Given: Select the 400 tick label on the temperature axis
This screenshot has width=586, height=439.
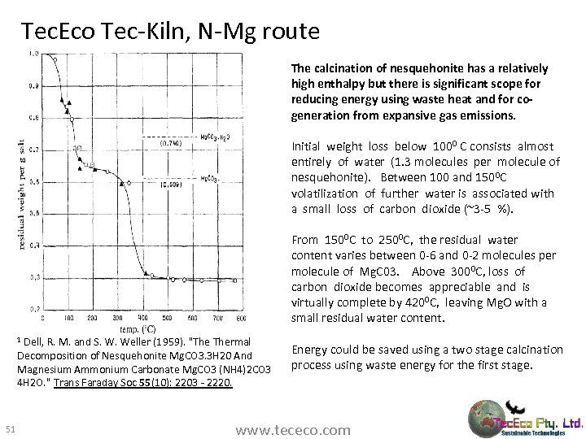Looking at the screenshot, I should click(x=143, y=317).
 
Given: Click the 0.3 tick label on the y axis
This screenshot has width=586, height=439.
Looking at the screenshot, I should click(x=33, y=276).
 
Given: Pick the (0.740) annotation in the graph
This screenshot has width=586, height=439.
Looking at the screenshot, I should click(x=170, y=143).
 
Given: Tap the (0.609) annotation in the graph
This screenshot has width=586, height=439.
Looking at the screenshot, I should click(x=169, y=185).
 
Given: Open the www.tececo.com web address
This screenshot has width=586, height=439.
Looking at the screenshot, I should click(x=292, y=429).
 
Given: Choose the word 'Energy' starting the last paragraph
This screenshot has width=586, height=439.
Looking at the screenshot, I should click(x=310, y=350).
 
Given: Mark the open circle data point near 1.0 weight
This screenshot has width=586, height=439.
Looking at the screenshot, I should click(x=55, y=59).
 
